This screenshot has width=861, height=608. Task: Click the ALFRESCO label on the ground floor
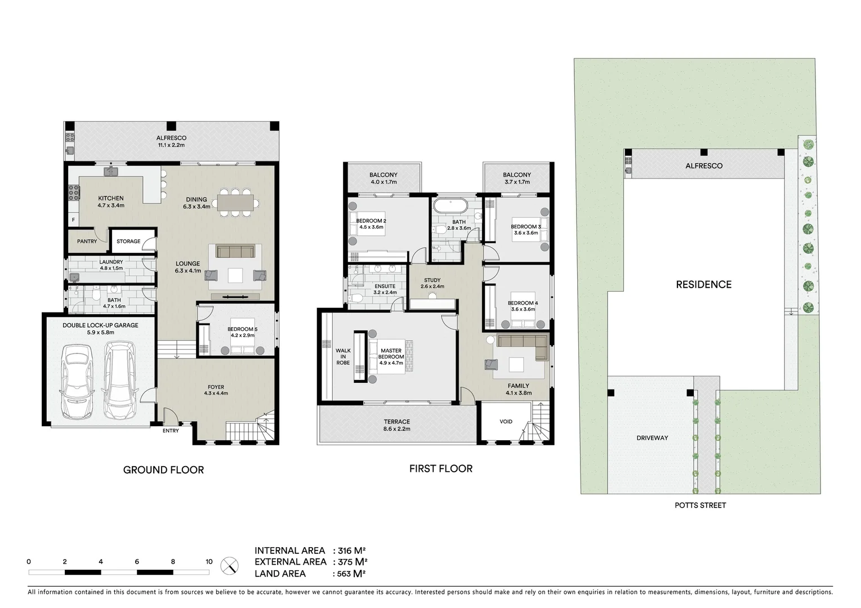coord(171,138)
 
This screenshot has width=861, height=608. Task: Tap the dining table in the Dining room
coord(235,202)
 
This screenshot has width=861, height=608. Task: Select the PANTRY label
coord(87,242)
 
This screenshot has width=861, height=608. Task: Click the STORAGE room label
coord(128,242)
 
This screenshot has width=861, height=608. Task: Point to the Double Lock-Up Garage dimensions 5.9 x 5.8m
coord(100,333)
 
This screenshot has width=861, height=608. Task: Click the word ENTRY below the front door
coord(171,431)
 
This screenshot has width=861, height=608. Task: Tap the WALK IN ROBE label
coord(343,357)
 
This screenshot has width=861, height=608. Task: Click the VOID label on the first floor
coord(506,422)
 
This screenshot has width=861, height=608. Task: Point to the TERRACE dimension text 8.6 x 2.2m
coord(397,429)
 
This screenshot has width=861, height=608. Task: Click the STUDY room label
coord(432,280)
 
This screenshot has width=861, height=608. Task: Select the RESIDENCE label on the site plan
coord(703,285)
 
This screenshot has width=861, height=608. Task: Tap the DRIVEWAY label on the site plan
coord(652,438)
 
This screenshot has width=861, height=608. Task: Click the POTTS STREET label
coord(700,506)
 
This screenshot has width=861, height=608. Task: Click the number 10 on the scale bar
coord(209,561)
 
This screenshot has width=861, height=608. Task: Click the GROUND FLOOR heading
coord(163,470)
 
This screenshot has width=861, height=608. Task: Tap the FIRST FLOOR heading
coord(440,468)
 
